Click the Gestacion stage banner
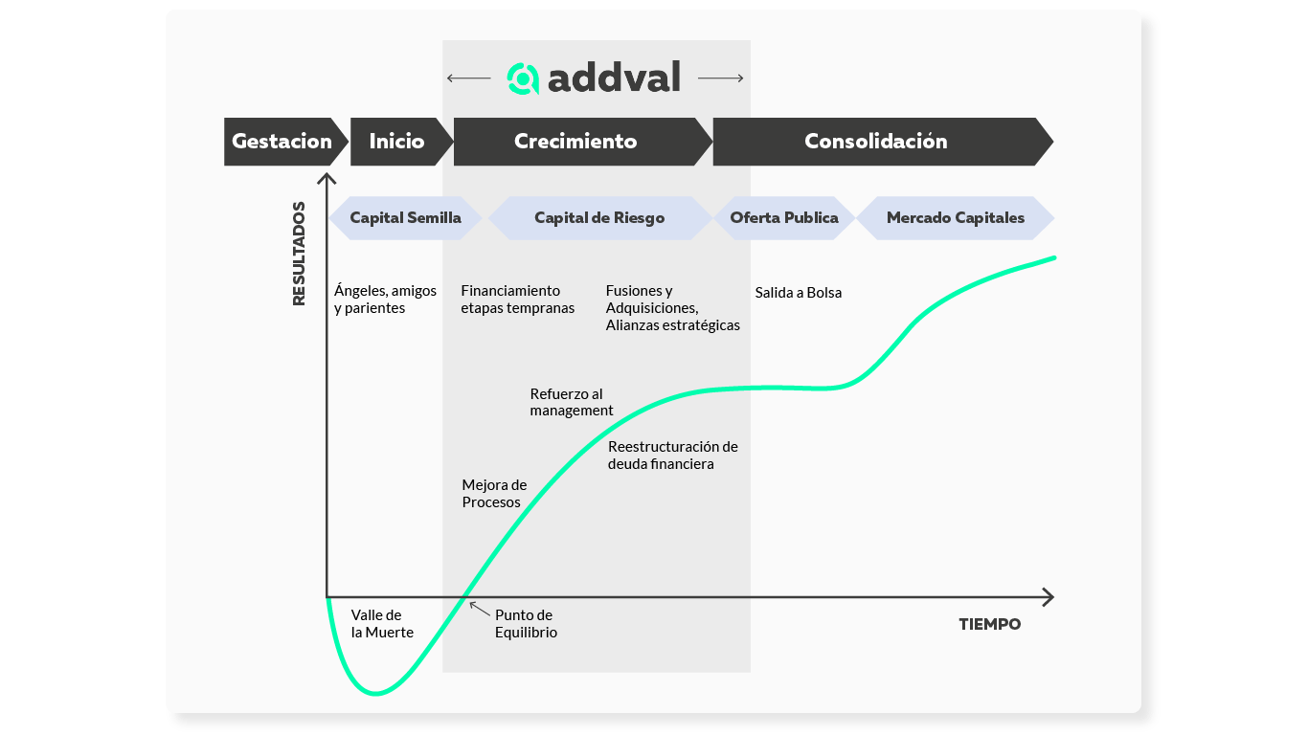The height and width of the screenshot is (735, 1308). (282, 142)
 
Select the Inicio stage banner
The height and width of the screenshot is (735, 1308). (397, 142)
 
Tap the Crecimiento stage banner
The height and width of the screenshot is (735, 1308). (576, 142)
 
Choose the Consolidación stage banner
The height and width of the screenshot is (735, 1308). (876, 142)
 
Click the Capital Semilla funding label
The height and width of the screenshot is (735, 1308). (405, 218)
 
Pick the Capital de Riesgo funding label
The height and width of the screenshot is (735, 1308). (599, 218)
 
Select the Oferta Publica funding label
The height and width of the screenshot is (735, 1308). (784, 218)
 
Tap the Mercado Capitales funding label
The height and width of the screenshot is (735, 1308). (955, 218)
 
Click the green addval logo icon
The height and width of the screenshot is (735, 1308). (523, 78)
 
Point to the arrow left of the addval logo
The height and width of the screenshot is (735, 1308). (468, 78)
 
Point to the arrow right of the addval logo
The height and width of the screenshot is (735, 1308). (721, 78)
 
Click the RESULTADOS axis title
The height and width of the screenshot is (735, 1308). (299, 254)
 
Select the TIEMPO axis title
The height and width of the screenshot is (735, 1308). (990, 625)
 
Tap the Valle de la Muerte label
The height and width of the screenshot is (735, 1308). (382, 624)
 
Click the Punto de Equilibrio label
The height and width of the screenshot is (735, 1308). (526, 624)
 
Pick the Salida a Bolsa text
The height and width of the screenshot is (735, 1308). (798, 293)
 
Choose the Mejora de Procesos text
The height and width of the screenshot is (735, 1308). (494, 494)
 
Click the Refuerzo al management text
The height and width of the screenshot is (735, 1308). (572, 402)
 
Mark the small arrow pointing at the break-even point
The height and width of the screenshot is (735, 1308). (479, 608)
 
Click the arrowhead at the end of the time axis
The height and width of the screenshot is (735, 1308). (1049, 597)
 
